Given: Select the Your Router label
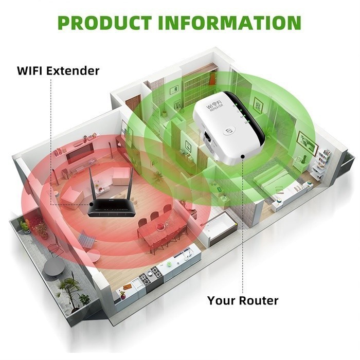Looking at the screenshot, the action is (x=243, y=300).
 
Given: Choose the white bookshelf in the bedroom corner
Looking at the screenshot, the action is (x=322, y=160).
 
